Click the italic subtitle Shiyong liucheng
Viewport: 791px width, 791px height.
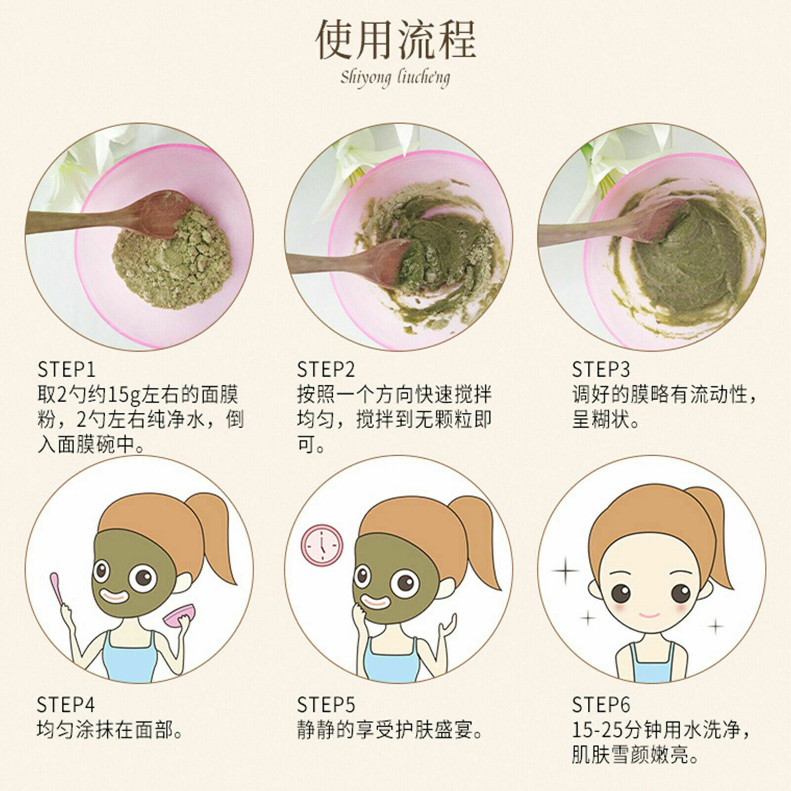coord(395,78)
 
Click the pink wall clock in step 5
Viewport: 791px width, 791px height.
coord(322,545)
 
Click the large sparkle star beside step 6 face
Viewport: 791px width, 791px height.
coord(565,571)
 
